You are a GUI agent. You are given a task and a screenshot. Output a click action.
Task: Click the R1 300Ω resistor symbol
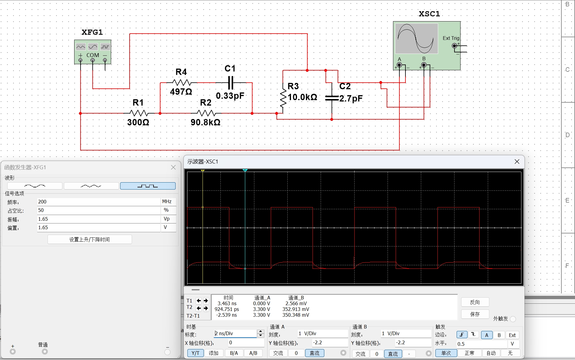coord(139,113)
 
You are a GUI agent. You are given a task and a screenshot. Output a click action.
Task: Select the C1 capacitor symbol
coord(230,83)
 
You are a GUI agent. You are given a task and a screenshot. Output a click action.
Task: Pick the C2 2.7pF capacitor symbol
coord(332,98)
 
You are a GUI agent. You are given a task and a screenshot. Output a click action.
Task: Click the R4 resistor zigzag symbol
coord(182,83)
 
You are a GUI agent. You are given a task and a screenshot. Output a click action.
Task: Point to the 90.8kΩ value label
coord(205,122)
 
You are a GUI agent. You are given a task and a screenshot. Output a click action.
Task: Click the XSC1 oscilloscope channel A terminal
coord(399,65)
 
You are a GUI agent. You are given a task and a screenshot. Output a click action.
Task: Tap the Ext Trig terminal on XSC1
coord(454,46)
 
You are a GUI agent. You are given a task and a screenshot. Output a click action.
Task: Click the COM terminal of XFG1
coord(93,60)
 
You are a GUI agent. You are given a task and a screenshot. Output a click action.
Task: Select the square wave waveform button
coord(148,186)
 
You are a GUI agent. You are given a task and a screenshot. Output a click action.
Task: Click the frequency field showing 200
coord(99,202)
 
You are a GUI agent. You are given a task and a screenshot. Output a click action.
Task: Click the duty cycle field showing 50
coord(99,210)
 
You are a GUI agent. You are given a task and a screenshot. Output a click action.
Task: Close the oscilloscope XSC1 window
coord(517,162)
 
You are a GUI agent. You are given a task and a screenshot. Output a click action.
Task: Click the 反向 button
coord(475,302)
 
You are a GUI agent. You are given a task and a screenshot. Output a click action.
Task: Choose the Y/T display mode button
coord(195,353)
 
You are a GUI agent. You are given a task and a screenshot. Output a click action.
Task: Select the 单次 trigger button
coord(446,353)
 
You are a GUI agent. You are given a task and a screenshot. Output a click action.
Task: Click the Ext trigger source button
coord(512,335)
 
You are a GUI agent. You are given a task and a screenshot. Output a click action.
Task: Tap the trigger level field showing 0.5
coord(482,344)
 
